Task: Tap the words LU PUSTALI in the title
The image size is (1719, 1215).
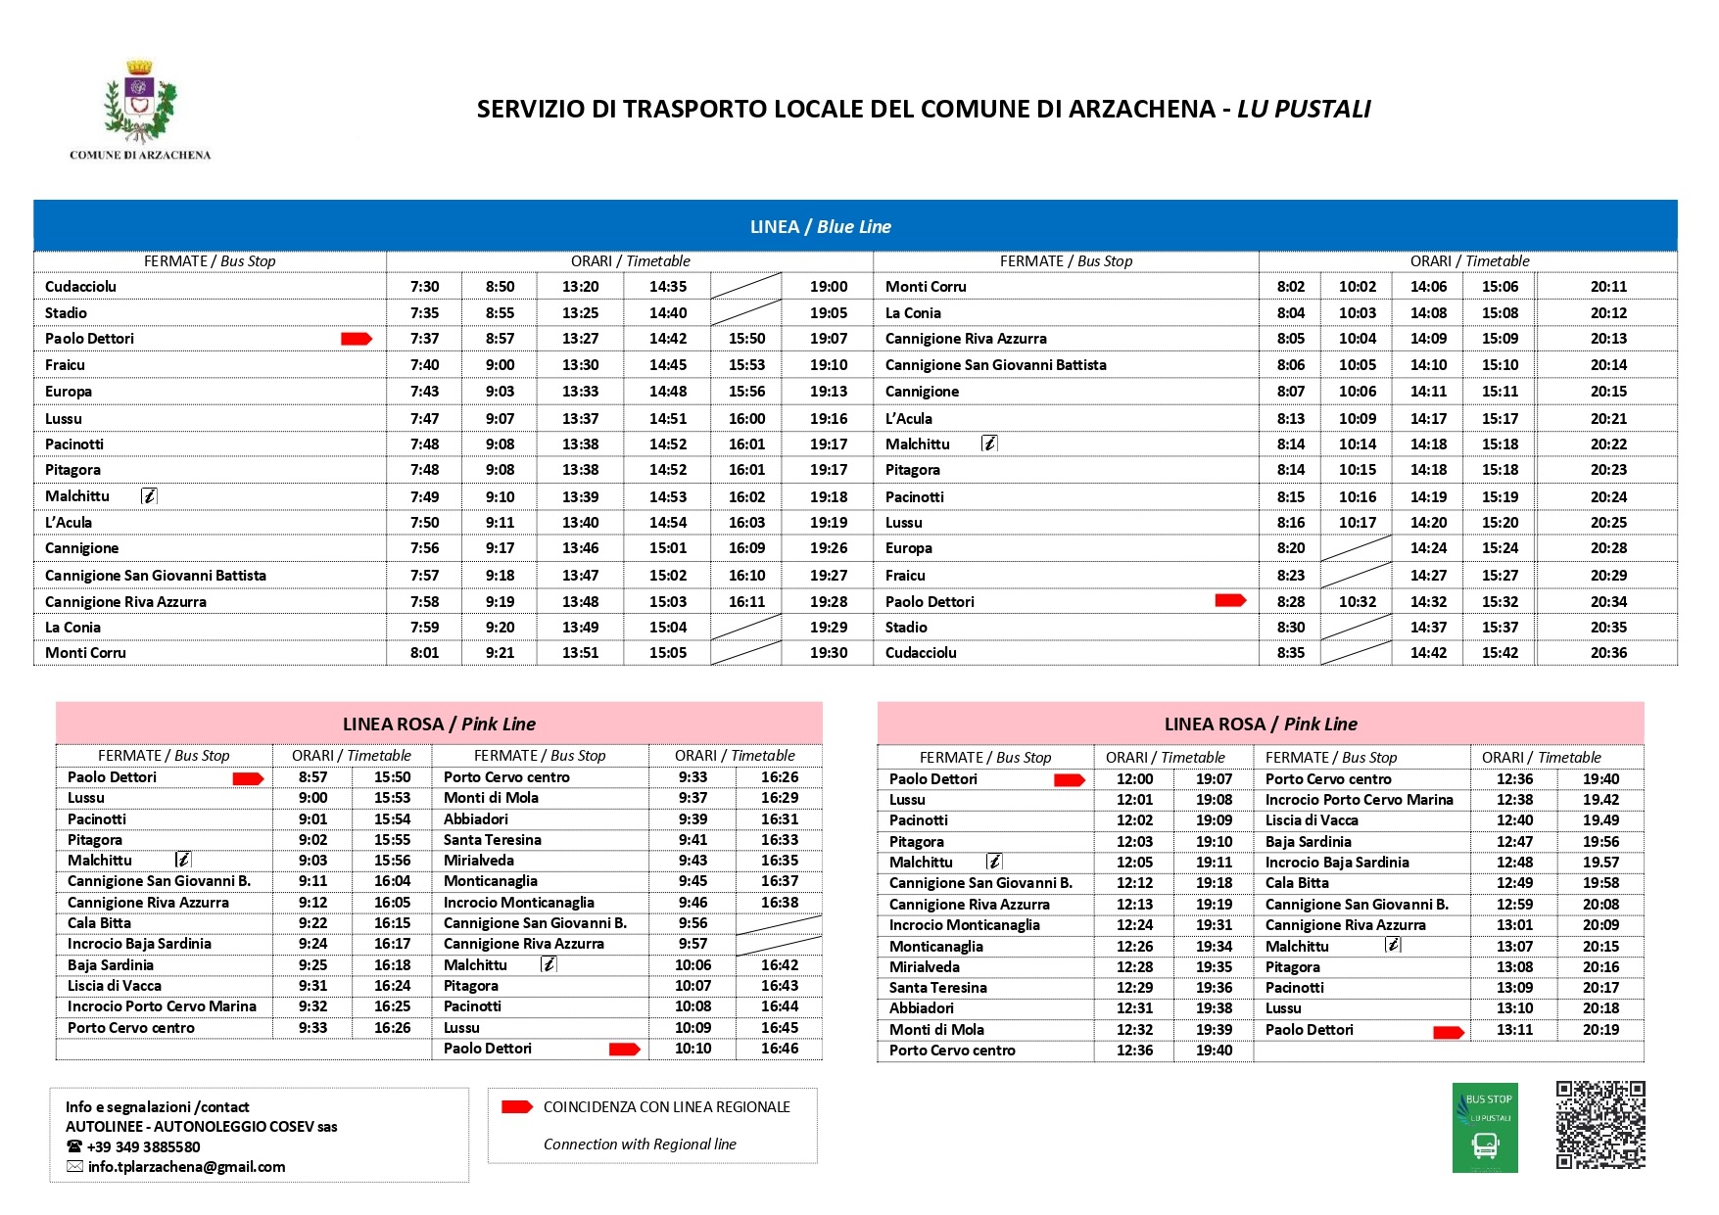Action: point(1304,109)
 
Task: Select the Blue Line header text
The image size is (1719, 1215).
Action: point(821,227)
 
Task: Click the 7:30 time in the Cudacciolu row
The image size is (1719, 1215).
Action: point(424,287)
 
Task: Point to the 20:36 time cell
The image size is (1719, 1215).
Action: point(1608,653)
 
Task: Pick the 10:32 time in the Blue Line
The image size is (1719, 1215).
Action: point(1357,602)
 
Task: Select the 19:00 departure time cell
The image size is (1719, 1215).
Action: point(829,287)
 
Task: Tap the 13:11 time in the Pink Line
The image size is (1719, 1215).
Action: point(1514,1030)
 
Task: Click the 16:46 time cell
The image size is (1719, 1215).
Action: point(780,1049)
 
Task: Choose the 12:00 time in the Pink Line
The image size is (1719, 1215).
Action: point(1134,779)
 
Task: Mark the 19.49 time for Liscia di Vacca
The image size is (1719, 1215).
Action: point(1600,820)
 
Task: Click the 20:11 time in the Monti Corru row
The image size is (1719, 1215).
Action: point(1608,287)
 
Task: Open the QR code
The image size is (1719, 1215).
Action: point(1600,1125)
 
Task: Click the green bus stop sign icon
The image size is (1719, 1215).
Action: point(1485,1128)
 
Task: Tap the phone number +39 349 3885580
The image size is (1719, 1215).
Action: point(143,1147)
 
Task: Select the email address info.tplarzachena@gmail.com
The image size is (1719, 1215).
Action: point(186,1167)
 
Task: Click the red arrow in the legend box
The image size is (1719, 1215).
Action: point(516,1107)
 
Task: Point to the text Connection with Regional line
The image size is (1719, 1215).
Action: point(640,1145)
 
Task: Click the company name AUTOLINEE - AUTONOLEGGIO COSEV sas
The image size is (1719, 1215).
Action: point(201,1127)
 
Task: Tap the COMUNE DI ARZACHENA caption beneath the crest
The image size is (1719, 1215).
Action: point(140,155)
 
